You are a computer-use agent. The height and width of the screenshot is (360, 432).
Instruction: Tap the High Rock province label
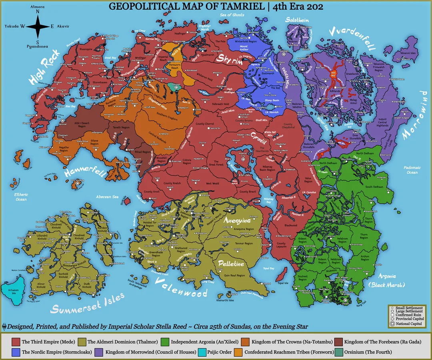(44, 67)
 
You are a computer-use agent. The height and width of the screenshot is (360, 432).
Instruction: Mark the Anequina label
(237, 220)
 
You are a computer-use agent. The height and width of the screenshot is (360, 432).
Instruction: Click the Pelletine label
(230, 264)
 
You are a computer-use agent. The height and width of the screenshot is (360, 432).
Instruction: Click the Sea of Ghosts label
(232, 15)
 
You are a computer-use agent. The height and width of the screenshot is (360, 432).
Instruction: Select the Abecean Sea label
(107, 197)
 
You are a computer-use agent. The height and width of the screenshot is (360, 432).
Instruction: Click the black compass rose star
(37, 26)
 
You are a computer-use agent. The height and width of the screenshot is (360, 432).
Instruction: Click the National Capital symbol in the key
(392, 324)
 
